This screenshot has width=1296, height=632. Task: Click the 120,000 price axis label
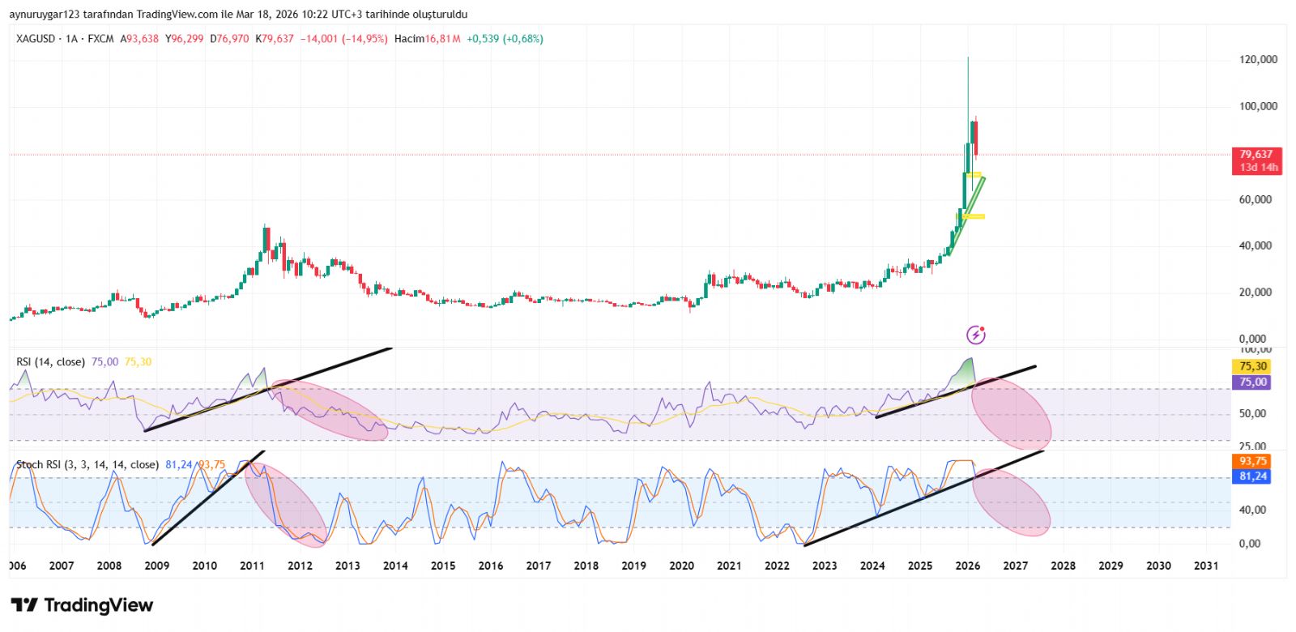click(1258, 60)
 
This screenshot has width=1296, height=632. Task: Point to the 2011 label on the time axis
click(252, 566)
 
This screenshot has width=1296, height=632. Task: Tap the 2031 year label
click(1205, 566)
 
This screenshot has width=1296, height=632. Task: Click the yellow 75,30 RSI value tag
click(1252, 366)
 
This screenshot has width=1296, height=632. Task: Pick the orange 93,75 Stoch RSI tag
click(1252, 461)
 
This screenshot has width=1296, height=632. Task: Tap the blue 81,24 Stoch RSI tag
click(1252, 476)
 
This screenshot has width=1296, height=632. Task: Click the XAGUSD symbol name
click(36, 39)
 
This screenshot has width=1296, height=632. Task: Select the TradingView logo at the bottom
click(82, 605)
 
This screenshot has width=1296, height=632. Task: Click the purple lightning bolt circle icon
click(976, 335)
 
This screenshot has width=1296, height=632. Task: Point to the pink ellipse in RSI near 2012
click(329, 410)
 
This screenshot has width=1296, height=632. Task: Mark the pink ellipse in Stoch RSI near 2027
click(1011, 502)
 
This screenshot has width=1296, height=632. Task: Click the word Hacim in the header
click(409, 39)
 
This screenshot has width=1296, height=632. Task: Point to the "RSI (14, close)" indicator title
click(50, 362)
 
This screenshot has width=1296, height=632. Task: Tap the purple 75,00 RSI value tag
click(1252, 382)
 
